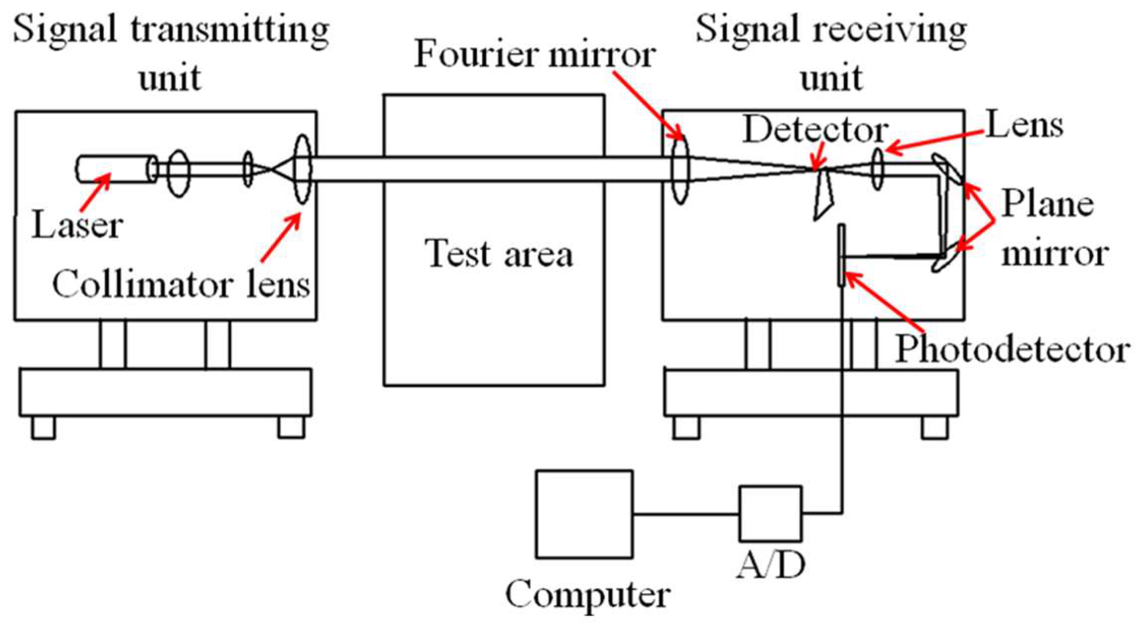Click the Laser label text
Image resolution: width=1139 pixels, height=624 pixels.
point(77,226)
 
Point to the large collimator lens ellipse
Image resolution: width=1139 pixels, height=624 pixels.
point(302,169)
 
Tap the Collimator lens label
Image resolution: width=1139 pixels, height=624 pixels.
point(181,285)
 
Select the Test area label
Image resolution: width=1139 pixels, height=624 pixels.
point(499,253)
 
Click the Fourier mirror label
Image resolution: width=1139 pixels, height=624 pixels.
point(535,55)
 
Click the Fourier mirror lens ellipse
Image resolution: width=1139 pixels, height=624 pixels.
point(680,169)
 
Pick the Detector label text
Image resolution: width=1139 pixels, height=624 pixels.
point(815,130)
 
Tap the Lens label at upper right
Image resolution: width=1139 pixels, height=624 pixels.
point(1024,125)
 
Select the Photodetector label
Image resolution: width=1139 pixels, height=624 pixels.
point(1012,350)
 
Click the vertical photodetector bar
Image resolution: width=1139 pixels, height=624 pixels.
point(841,255)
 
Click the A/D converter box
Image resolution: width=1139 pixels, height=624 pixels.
point(770,513)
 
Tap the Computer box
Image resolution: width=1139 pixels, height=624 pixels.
point(584,514)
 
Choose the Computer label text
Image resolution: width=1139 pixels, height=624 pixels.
point(588,594)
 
